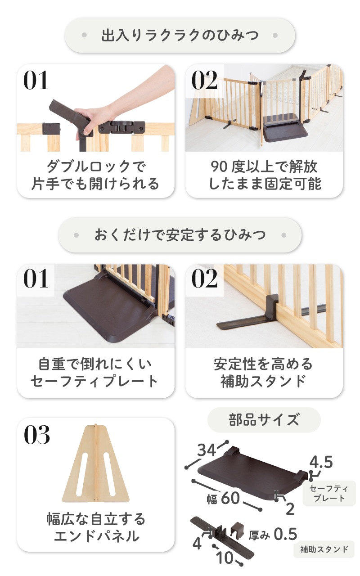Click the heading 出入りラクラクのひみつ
coord(180,35)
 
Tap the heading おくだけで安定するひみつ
coord(180,235)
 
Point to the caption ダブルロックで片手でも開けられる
coord(95,175)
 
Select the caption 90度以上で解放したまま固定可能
coord(264,175)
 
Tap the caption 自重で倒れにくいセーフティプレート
coord(94,373)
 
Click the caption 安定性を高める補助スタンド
coord(264,373)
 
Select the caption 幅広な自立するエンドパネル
coord(96,527)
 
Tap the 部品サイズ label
coord(264,420)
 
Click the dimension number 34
coord(207,450)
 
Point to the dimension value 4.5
coord(321,462)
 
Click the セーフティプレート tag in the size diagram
coord(329,493)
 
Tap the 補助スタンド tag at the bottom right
coord(324,549)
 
